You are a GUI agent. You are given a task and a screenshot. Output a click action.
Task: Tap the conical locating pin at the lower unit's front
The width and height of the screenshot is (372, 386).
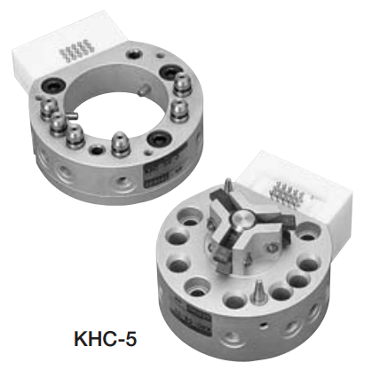(x=257, y=291)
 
